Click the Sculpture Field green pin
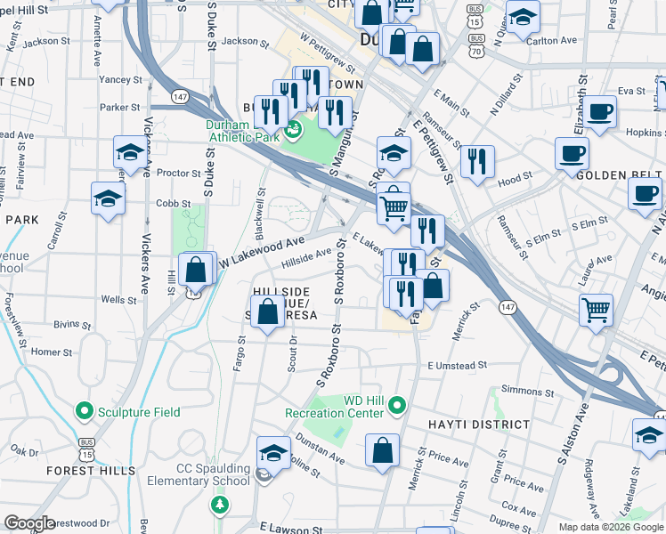click(85, 411)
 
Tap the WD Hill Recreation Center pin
click(397, 407)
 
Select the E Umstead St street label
click(457, 365)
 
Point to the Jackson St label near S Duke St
click(245, 41)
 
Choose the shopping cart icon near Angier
click(596, 311)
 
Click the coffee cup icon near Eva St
click(601, 113)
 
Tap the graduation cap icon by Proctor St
click(130, 153)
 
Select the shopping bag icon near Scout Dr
click(267, 312)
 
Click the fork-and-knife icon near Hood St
click(478, 161)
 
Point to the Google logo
click(29, 523)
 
